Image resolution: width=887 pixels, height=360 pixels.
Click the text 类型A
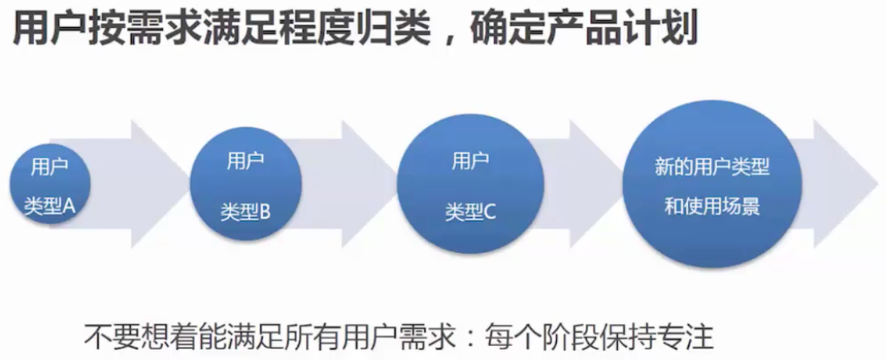pyautogui.click(x=50, y=207)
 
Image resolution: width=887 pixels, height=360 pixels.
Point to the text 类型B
pyautogui.click(x=246, y=213)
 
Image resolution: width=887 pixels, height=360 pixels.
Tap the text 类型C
pyautogui.click(x=471, y=213)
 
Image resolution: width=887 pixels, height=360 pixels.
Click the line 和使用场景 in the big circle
pyautogui.click(x=712, y=207)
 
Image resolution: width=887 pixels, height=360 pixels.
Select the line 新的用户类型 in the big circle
pyautogui.click(x=712, y=167)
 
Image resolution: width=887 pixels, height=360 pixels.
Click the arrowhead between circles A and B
pyautogui.click(x=159, y=184)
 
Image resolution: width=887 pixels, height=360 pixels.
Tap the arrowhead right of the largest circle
pyautogui.click(x=847, y=184)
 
